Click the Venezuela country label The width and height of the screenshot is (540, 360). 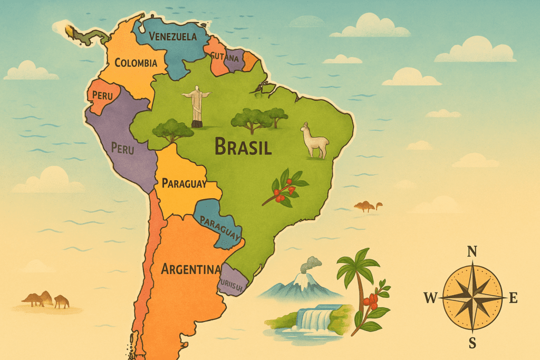[x=172, y=36]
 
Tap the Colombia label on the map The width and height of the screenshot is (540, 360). [x=136, y=63]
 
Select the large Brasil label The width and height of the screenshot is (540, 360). [x=243, y=147]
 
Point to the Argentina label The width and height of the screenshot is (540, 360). [x=190, y=269]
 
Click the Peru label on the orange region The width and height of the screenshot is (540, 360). [x=102, y=95]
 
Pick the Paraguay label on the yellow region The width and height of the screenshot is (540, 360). [x=184, y=183]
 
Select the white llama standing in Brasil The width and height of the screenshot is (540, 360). [x=315, y=141]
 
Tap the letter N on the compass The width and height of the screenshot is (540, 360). [x=472, y=251]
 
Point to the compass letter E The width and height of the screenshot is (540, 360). [x=513, y=298]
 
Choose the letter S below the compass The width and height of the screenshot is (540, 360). [x=472, y=343]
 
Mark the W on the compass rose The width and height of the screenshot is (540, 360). [x=430, y=299]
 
